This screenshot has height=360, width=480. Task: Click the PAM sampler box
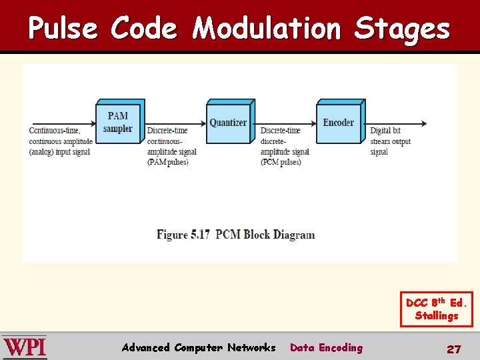coord(118,123)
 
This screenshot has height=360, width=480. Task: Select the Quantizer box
coord(228,123)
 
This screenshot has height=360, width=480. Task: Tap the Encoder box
coord(339,123)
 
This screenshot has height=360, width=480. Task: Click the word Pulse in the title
coord(63,28)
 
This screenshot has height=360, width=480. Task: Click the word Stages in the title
coord(402,28)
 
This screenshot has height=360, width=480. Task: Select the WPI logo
coord(25,347)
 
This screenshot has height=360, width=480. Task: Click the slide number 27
coord(453,349)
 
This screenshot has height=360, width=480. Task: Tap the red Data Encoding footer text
coord(326,347)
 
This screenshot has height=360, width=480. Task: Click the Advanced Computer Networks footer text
coord(199,347)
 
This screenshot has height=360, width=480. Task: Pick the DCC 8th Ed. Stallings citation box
coord(437,309)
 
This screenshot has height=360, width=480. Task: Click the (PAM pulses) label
coord(168,162)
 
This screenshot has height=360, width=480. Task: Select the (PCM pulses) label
coord(281,162)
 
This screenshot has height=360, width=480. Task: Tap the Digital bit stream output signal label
coord(390,141)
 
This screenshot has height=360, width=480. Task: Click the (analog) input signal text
coord(59,152)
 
